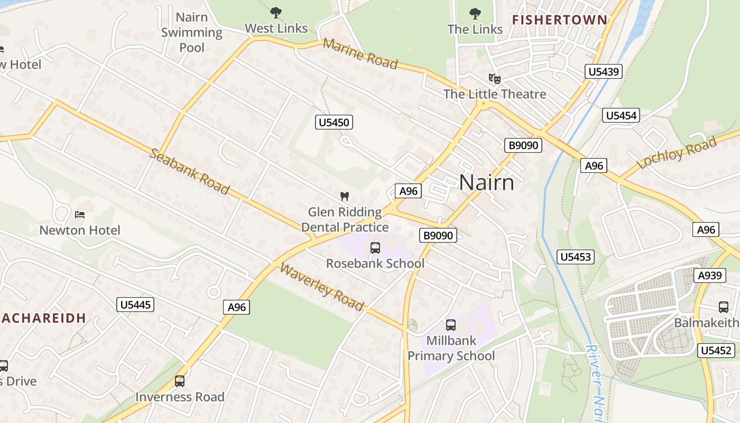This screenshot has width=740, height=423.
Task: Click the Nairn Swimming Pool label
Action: [191, 32]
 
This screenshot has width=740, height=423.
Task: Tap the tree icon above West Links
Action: [275, 13]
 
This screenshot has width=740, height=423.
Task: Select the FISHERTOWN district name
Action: [560, 20]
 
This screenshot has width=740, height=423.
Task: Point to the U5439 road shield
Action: [603, 71]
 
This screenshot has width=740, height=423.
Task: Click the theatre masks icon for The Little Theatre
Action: [495, 79]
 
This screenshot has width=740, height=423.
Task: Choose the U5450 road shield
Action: [334, 123]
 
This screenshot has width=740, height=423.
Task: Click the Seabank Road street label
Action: [190, 171]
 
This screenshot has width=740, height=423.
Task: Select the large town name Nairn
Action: [486, 182]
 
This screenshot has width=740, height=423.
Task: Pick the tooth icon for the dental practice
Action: [345, 196]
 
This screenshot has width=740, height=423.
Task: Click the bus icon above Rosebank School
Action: [375, 247]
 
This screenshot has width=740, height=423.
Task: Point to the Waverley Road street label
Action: [321, 287]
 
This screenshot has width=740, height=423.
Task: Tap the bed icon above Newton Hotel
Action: [80, 214]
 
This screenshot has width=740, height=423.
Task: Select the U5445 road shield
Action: [135, 305]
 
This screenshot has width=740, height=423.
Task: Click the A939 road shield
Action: [709, 275]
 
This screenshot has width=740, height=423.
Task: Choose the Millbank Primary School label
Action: [451, 348]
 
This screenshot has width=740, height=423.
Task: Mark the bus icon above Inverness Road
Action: [180, 381]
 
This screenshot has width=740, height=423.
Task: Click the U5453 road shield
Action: [576, 257]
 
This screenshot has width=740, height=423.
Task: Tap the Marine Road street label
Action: [360, 53]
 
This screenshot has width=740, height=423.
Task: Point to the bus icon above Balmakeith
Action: [724, 307]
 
